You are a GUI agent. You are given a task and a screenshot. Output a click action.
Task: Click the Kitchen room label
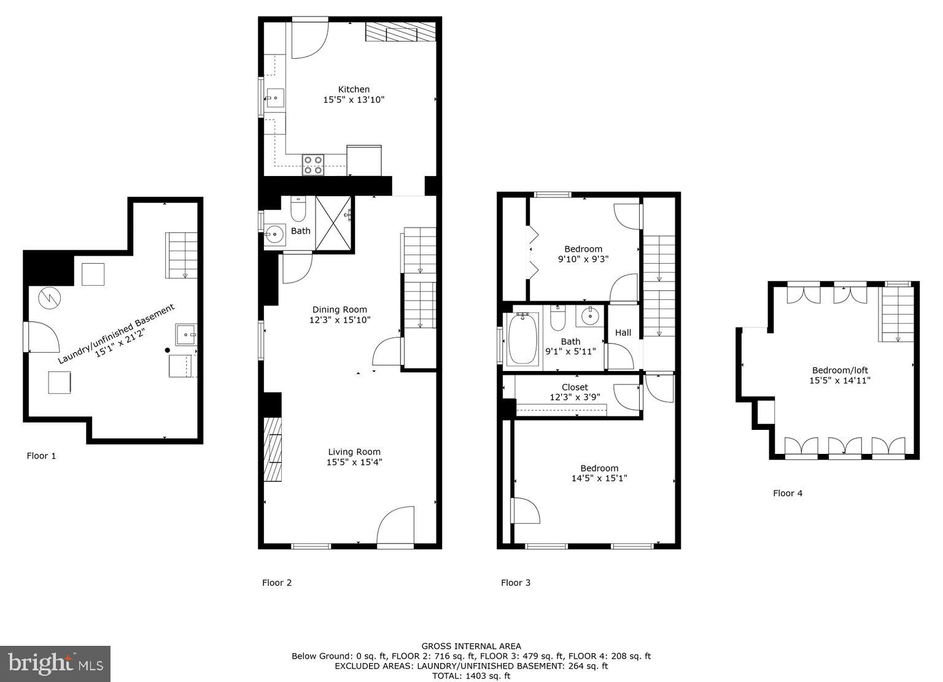(354, 90)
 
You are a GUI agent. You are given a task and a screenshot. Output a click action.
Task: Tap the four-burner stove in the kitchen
(313, 165)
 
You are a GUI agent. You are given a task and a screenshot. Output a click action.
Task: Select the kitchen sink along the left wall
(275, 98)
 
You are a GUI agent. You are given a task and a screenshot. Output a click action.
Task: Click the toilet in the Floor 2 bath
(298, 210)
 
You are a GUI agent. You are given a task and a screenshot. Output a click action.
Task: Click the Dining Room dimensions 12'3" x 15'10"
(340, 320)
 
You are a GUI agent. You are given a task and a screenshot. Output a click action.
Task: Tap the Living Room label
(354, 452)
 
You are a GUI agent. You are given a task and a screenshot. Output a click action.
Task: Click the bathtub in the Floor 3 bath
(523, 338)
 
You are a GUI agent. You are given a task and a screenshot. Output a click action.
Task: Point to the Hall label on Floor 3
(623, 332)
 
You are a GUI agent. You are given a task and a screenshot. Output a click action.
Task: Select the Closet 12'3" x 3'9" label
(575, 387)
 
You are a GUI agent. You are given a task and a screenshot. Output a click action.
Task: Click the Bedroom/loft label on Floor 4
(840, 370)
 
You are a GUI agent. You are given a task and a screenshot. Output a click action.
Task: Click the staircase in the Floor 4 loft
(898, 314)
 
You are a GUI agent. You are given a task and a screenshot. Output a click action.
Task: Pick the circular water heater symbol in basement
(49, 298)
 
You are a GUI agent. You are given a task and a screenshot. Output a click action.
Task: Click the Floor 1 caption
(42, 456)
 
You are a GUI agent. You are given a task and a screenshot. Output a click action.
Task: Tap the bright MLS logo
(55, 664)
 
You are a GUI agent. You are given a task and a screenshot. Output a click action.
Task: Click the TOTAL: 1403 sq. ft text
(471, 676)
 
